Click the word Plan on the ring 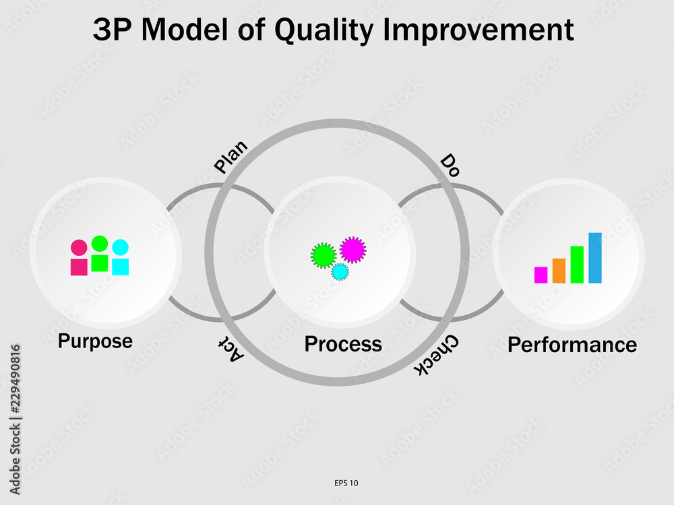pyautogui.click(x=231, y=156)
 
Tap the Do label pyautogui.click(x=450, y=166)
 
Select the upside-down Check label pyautogui.click(x=436, y=355)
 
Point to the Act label pyautogui.click(x=231, y=348)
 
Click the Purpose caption pyautogui.click(x=96, y=341)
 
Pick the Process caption pyautogui.click(x=343, y=344)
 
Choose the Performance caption pyautogui.click(x=572, y=345)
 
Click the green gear pyautogui.click(x=324, y=255)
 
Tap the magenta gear pyautogui.click(x=353, y=250)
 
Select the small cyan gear pyautogui.click(x=340, y=272)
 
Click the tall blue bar pyautogui.click(x=595, y=258)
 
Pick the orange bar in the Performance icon pyautogui.click(x=559, y=271)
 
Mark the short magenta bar pyautogui.click(x=541, y=275)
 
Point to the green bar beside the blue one pyautogui.click(x=577, y=265)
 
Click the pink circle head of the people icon pyautogui.click(x=79, y=248)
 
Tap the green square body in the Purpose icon pyautogui.click(x=100, y=263)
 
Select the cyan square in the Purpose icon pyautogui.click(x=121, y=267)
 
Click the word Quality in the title pyautogui.click(x=324, y=30)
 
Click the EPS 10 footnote pyautogui.click(x=346, y=483)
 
